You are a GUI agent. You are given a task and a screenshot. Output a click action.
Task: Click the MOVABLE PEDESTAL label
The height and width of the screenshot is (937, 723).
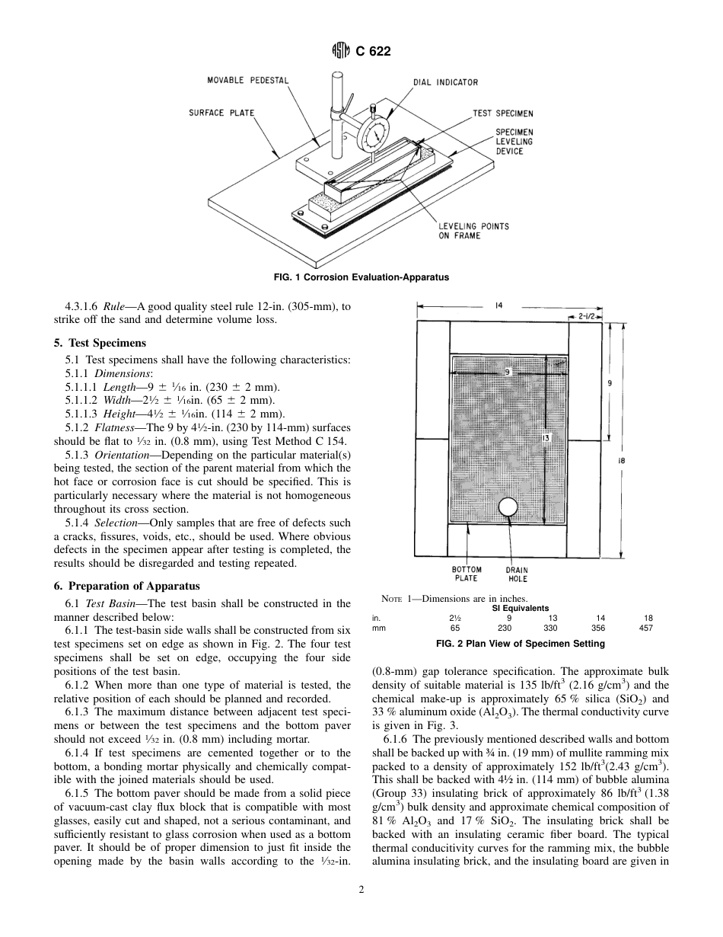coord(248,80)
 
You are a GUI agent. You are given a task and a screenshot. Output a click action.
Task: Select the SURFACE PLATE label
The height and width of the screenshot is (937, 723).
coord(221,113)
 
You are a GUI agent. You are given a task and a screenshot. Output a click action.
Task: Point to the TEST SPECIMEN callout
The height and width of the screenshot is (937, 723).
coord(502,114)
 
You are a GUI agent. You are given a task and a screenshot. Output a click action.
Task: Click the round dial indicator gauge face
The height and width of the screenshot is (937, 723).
coord(373,136)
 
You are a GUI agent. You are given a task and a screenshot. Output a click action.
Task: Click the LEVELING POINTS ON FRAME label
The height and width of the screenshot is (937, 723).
coord(473,231)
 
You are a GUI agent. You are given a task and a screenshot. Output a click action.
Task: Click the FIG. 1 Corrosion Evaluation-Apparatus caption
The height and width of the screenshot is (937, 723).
coord(361,277)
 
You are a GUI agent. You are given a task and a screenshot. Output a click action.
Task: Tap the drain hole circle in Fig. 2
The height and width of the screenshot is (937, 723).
coord(506,507)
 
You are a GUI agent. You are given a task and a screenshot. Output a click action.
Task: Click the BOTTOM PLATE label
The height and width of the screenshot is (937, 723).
coord(467,574)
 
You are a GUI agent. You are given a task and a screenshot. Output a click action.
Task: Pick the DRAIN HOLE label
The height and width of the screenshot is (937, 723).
coord(517,574)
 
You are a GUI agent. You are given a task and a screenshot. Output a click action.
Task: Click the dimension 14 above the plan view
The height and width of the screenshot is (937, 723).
coord(498,305)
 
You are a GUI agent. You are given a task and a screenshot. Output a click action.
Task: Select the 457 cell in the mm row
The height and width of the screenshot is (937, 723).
coord(648,628)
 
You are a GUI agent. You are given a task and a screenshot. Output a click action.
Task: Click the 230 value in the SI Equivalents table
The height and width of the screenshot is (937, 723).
coord(505,628)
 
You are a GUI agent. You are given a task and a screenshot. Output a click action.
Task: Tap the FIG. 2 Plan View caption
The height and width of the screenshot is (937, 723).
coord(520,644)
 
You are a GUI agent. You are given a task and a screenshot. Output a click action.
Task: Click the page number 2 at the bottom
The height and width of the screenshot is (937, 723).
coord(361,888)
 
